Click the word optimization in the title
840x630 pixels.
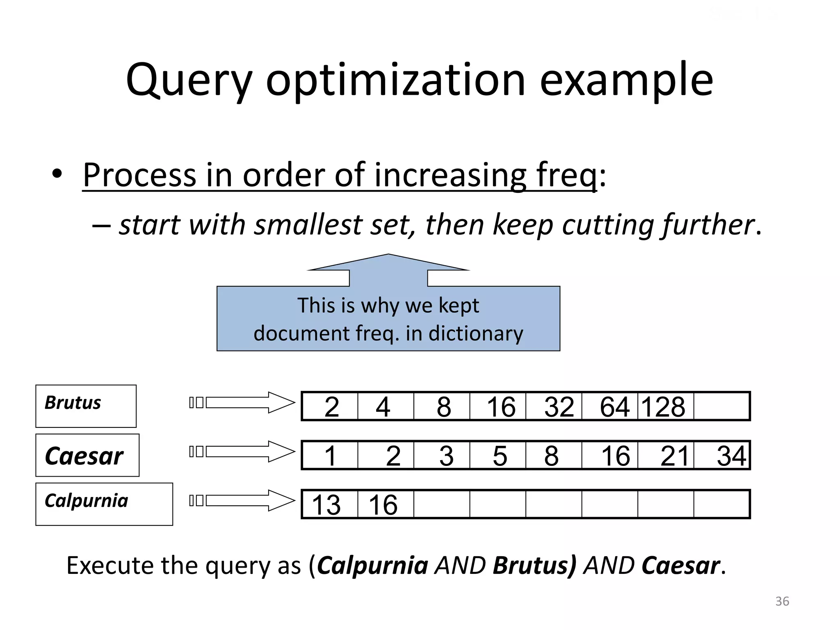(x=395, y=81)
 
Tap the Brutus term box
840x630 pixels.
(x=86, y=406)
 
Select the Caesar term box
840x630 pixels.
(x=87, y=455)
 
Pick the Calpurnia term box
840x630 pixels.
(x=104, y=504)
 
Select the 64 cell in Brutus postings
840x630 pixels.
(x=610, y=406)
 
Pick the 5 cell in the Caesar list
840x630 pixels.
(x=498, y=455)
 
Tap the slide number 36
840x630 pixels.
(x=782, y=601)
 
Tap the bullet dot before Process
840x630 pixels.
(x=57, y=174)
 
